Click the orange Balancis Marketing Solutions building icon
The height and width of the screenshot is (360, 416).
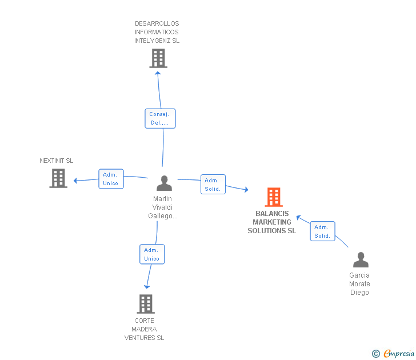coord(274,197)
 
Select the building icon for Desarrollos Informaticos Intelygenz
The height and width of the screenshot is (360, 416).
coord(158,58)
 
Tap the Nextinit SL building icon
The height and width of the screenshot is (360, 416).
coord(58,178)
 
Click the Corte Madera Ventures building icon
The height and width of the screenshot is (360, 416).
coord(146,304)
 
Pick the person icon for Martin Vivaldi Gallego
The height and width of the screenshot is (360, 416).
coord(164,183)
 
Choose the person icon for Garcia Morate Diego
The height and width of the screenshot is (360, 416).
coord(361,260)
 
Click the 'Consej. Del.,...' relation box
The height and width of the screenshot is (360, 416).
coord(159,118)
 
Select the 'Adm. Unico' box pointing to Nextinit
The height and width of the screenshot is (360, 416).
coord(110,179)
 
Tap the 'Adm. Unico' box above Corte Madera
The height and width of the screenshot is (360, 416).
coord(151,254)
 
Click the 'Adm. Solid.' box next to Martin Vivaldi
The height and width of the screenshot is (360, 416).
coord(213,185)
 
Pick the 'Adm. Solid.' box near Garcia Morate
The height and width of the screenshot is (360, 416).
coord(322,231)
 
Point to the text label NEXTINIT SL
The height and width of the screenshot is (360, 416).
coord(57,161)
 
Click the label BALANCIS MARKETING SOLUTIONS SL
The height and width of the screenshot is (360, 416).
coord(272,222)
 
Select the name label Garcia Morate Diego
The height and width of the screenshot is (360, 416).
coord(359,284)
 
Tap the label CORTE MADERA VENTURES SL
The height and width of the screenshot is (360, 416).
coord(144,329)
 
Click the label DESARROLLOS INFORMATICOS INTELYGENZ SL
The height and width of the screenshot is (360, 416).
coord(157,32)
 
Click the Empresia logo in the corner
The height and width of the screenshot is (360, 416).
coord(398,353)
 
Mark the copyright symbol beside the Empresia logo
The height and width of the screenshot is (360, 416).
coord(376,354)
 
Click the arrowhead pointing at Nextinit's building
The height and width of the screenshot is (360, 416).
coord(76,181)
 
